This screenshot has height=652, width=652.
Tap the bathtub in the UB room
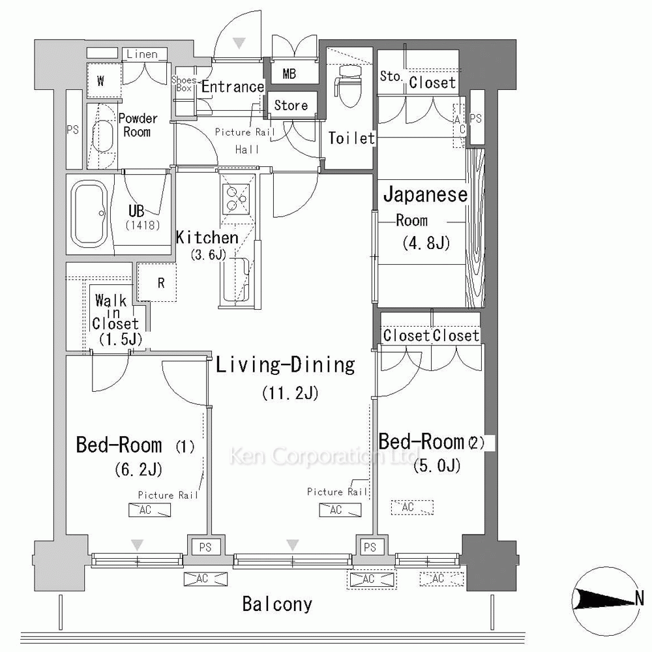click(x=89, y=214)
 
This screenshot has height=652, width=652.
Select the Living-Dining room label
click(x=286, y=364)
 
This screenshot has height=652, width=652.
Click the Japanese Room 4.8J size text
click(x=426, y=243)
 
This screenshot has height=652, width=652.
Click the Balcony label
click(x=277, y=604)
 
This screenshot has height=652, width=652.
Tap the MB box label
click(x=289, y=74)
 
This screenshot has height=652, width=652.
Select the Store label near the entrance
click(x=291, y=105)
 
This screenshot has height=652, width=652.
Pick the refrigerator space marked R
click(x=156, y=283)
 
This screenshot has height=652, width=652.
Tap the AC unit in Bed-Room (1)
click(x=150, y=511)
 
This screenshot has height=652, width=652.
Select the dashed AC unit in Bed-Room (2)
click(x=412, y=507)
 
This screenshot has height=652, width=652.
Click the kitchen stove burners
click(x=236, y=198)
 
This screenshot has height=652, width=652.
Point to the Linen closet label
click(x=142, y=54)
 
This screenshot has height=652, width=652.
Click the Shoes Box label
click(x=184, y=83)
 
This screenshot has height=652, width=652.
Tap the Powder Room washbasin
click(x=102, y=136)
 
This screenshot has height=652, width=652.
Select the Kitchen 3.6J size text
click(x=209, y=254)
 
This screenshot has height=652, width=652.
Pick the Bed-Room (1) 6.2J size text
click(x=138, y=469)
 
